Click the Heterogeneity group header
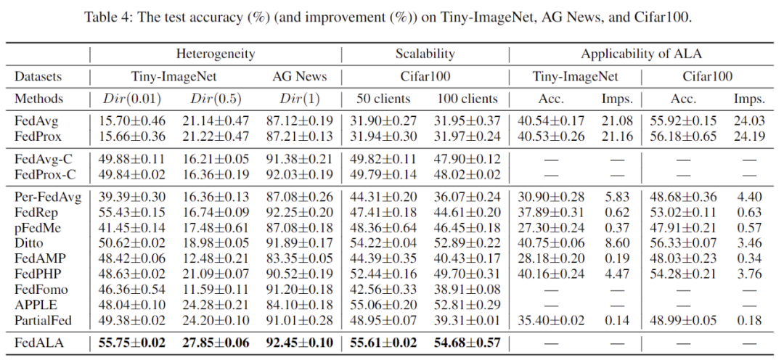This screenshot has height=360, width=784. point(215,54)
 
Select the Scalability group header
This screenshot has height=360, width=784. point(425,54)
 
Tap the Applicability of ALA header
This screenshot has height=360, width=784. point(642,54)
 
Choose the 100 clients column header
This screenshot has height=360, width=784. point(467,99)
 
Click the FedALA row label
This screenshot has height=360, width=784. point(36,343)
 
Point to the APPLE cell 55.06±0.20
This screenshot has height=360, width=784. point(384,305)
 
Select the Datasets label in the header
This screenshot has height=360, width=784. point(37,76)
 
